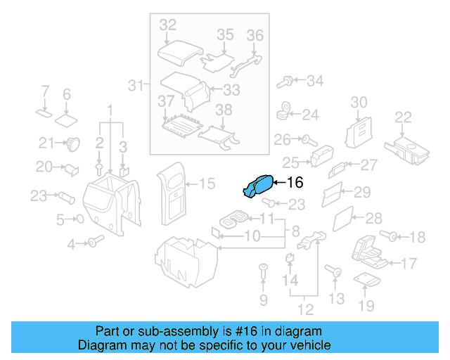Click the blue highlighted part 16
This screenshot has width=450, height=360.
pos(257,187)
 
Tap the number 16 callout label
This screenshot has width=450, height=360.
pos(295,183)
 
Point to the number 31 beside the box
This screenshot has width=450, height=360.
pos(136,86)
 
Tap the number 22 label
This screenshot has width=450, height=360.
pos(403,117)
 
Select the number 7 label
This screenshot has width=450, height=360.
pos(45,91)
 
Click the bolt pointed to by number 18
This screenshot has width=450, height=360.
pos(388,236)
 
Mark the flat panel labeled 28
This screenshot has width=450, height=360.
pos(342,219)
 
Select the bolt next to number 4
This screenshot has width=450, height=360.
pos(94,243)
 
